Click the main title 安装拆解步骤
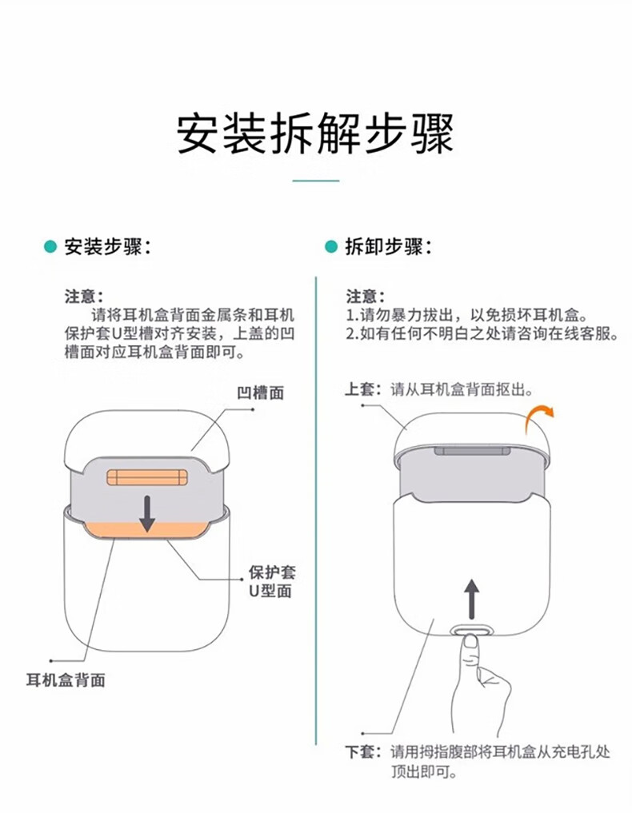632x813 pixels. tap(315, 133)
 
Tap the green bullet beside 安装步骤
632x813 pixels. tap(50, 246)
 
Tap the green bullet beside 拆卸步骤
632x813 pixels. tap(331, 246)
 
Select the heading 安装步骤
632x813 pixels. tap(107, 247)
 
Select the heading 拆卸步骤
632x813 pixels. tap(389, 247)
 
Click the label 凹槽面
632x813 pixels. tap(261, 393)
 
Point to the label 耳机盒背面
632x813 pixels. tap(66, 679)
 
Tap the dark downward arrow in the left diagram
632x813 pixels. tap(147, 513)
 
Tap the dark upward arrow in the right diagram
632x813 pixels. tap(471, 599)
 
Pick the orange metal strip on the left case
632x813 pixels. tap(147, 477)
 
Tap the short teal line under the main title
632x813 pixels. tap(315, 181)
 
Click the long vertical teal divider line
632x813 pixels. tap(315, 511)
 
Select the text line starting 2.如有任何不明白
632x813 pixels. tap(482, 333)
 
